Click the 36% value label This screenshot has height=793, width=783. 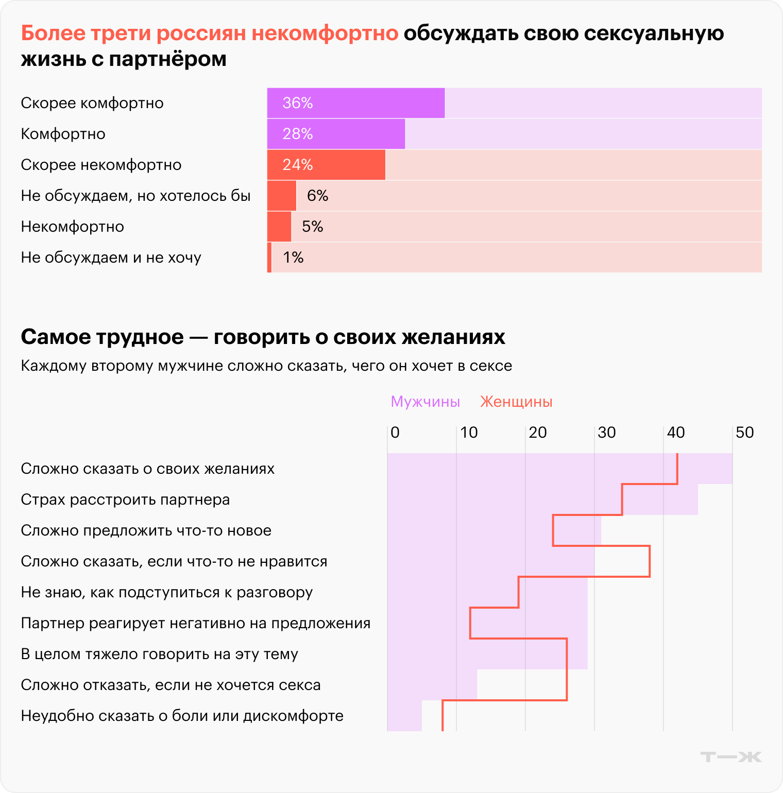tap(298, 103)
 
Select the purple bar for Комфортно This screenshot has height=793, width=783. tap(336, 134)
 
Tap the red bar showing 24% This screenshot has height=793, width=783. tap(326, 165)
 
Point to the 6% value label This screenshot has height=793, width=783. tap(317, 196)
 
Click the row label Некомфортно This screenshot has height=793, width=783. tap(73, 227)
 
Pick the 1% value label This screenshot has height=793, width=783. tap(293, 257)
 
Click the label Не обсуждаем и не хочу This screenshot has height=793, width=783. tap(111, 257)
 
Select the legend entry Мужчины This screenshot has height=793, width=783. tap(425, 402)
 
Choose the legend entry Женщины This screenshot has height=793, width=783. tap(516, 402)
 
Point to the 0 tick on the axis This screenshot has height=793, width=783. tap(395, 433)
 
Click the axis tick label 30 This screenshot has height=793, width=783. tap(606, 433)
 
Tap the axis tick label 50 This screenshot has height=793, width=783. tap(744, 433)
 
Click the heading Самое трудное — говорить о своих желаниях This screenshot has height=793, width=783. tap(263, 337)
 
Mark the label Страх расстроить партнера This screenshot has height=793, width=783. tap(125, 499)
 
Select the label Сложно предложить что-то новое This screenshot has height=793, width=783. tap(146, 530)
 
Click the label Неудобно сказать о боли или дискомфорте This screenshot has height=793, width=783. tap(182, 716)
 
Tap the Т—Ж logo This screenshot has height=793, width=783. tap(731, 757)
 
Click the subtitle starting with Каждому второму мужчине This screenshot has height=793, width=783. tap(266, 366)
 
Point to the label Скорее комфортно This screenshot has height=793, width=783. tap(92, 103)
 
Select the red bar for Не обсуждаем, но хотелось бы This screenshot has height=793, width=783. tap(281, 196)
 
